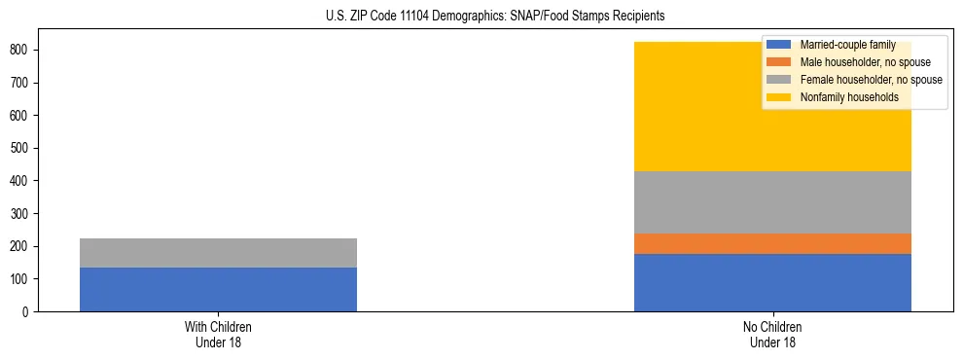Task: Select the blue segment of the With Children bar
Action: (x=218, y=289)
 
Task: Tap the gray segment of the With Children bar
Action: (x=218, y=253)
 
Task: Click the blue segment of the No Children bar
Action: (x=772, y=282)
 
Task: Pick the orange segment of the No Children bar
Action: (x=772, y=243)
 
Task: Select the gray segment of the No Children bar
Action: (x=772, y=202)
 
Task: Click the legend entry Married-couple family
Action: (x=840, y=45)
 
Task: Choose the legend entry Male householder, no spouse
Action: (x=851, y=62)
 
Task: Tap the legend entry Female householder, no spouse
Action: (x=856, y=80)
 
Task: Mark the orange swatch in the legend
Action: (x=779, y=62)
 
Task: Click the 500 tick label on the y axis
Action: (x=22, y=148)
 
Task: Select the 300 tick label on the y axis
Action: (x=22, y=213)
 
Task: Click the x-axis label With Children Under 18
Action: (x=218, y=334)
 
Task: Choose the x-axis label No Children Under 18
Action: (x=772, y=334)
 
